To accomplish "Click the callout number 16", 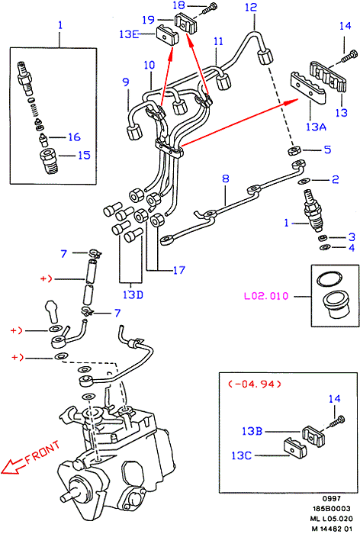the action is [x=74, y=137].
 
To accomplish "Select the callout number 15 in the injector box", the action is [x=84, y=156].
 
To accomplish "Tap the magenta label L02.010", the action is [x=266, y=296].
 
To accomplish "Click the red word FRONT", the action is [x=43, y=452].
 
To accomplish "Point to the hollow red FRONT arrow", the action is [x=14, y=466].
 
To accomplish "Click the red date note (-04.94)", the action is [x=255, y=384].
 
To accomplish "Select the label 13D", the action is [x=133, y=294].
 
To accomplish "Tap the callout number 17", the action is [x=179, y=270].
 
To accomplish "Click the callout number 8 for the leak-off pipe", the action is [x=226, y=179].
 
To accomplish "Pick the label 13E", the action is [x=129, y=34].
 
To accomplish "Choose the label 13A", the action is [x=316, y=127].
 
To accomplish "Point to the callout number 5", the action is [x=327, y=150].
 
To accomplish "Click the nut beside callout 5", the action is [x=294, y=150].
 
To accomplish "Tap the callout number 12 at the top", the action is [x=251, y=7].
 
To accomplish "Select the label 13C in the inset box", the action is [x=242, y=455].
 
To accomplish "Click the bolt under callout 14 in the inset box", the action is [x=337, y=421].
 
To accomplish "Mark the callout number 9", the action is [x=126, y=82].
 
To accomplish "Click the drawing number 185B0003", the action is [x=331, y=509].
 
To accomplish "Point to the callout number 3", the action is [x=352, y=237].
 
